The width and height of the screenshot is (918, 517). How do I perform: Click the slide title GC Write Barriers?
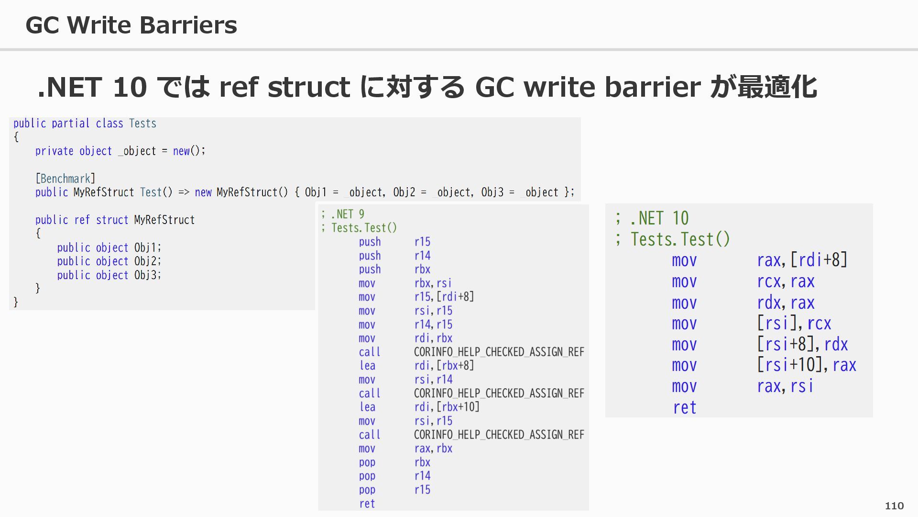(131, 25)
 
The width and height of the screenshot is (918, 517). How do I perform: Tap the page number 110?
(894, 506)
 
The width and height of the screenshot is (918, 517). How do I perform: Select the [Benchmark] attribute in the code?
(66, 179)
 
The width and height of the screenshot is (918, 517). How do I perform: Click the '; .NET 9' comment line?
(342, 214)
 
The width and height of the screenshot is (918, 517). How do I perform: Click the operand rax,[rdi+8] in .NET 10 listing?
(802, 260)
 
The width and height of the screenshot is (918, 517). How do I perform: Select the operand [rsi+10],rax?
(807, 365)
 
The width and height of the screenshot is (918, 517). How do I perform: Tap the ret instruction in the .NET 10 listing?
(684, 407)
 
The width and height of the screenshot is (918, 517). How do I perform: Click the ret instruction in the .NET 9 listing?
(367, 504)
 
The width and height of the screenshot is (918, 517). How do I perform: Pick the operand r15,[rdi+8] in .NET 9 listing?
(444, 297)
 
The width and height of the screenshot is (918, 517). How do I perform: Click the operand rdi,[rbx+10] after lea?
(447, 407)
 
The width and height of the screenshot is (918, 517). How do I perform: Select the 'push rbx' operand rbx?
(422, 270)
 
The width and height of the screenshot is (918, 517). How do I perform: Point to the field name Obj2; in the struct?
(147, 261)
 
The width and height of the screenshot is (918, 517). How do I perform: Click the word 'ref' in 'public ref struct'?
(82, 220)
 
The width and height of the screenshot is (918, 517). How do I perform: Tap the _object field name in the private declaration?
(137, 151)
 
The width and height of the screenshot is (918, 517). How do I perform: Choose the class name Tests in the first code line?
(142, 124)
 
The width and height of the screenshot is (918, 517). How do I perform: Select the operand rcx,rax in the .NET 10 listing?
(786, 281)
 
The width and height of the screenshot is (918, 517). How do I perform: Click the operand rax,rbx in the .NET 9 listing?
(433, 449)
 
